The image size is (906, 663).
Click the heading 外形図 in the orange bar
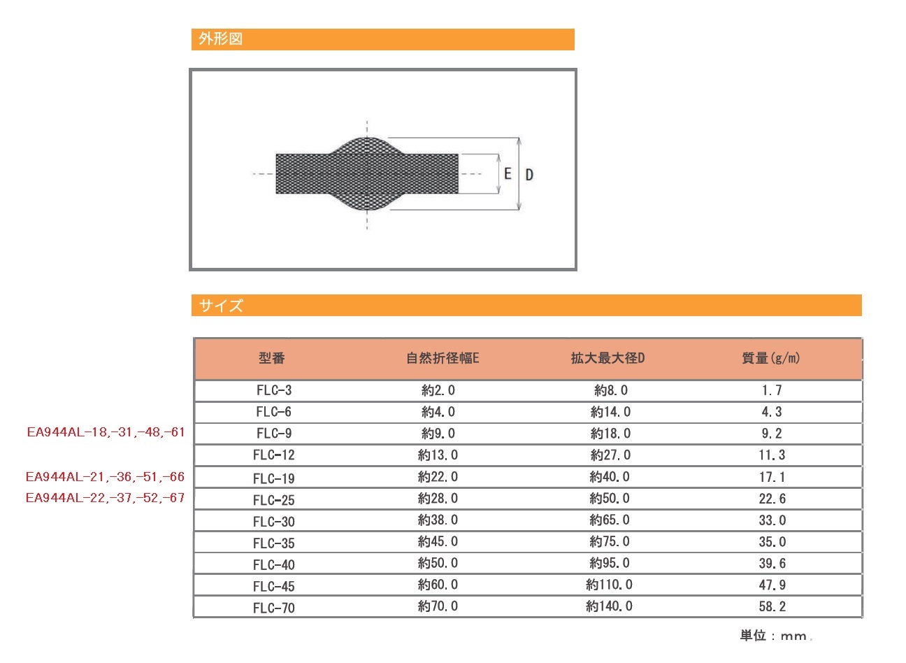(x=221, y=39)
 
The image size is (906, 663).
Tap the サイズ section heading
(x=221, y=306)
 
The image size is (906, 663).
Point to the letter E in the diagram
(x=508, y=174)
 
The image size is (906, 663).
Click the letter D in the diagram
(x=529, y=175)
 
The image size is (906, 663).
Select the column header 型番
(x=272, y=358)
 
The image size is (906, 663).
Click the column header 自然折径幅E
(x=443, y=358)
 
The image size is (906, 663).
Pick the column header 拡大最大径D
(x=607, y=358)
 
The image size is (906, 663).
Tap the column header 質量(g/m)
(x=771, y=358)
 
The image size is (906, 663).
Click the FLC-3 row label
(x=274, y=390)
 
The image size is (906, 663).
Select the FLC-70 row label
(x=274, y=608)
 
